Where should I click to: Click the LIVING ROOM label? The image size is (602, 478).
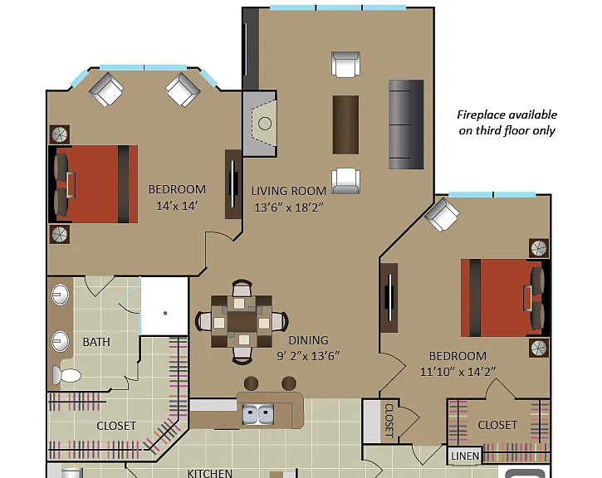pyautogui.click(x=289, y=191)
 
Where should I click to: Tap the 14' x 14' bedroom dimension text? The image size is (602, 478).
pyautogui.click(x=177, y=206)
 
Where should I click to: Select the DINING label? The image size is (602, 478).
pyautogui.click(x=308, y=340)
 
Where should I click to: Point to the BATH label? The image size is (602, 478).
pyautogui.click(x=96, y=342)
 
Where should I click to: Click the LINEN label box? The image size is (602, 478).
pyautogui.click(x=465, y=456)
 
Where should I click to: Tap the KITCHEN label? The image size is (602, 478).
pyautogui.click(x=209, y=473)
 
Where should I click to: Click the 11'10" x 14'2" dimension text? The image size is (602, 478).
pyautogui.click(x=458, y=372)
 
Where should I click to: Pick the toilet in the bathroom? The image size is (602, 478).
pyautogui.click(x=66, y=375)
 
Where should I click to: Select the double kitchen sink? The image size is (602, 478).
pyautogui.click(x=258, y=414)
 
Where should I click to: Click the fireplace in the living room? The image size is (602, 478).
pyautogui.click(x=260, y=124)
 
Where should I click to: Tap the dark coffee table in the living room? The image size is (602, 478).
pyautogui.click(x=345, y=124)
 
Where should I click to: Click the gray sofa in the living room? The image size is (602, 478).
pyautogui.click(x=406, y=124)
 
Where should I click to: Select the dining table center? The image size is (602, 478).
pyautogui.click(x=242, y=321)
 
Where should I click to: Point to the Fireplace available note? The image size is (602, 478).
pyautogui.click(x=507, y=122)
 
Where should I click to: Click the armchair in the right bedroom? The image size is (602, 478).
pyautogui.click(x=442, y=214)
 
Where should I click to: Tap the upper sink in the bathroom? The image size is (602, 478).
pyautogui.click(x=61, y=295)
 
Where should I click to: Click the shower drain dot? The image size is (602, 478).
pyautogui.click(x=165, y=313)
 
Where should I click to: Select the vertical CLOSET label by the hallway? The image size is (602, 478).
pyautogui.click(x=389, y=421)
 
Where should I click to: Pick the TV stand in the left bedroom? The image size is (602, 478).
pyautogui.click(x=233, y=184)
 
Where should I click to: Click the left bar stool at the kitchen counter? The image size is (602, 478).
pyautogui.click(x=251, y=383)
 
